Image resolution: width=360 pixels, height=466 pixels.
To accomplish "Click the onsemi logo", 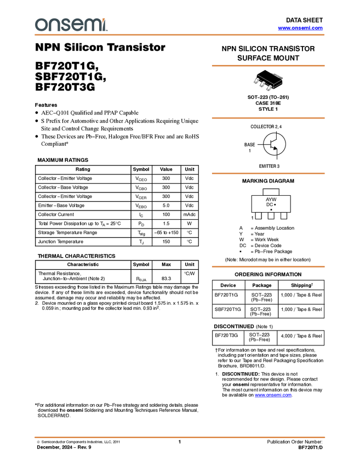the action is click(71, 25).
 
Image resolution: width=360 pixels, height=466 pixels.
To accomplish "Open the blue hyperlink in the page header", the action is click(300, 28).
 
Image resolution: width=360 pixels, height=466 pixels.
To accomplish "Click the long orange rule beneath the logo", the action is click(180, 35).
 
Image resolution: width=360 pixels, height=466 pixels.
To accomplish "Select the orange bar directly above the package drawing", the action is click(268, 66).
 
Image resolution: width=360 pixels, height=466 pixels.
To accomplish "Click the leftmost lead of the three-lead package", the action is click(256, 81).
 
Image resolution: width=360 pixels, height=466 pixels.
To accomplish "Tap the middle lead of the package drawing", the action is click(262, 84).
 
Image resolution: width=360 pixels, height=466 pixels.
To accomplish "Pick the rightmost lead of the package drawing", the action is click(269, 87).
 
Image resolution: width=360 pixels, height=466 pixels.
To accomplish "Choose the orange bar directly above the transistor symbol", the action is click(268, 118).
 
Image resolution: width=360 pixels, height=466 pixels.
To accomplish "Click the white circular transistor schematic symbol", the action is click(275, 145).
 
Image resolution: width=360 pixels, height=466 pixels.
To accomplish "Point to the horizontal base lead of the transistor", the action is click(268, 145).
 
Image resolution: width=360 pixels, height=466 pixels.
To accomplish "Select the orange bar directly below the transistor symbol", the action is click(268, 174).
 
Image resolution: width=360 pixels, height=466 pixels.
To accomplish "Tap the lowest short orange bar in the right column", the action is click(268, 267).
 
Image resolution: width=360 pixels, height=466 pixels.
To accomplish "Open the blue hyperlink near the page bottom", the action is click(273, 395).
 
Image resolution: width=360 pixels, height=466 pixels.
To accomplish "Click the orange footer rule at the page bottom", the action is click(180, 437).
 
